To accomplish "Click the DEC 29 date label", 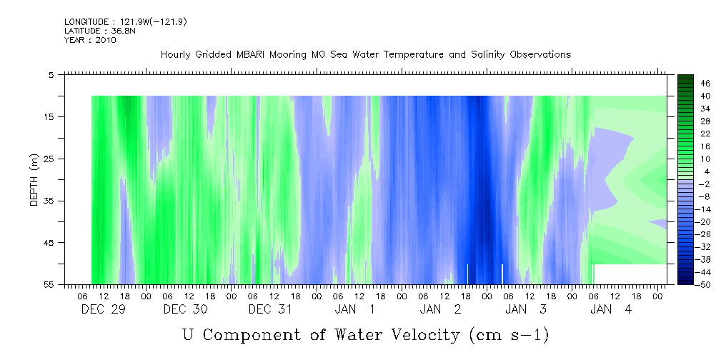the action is click(104, 309).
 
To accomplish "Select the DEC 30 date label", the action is click(186, 309).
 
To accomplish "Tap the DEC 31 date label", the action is click(270, 309).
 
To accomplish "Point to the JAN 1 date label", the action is click(354, 309).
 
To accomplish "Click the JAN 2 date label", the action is click(440, 309).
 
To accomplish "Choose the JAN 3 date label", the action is click(526, 309).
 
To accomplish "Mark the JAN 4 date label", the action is click(611, 309).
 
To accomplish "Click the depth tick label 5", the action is click(51, 74).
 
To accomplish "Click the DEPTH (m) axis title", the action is click(34, 180).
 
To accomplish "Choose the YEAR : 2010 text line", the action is click(90, 40).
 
